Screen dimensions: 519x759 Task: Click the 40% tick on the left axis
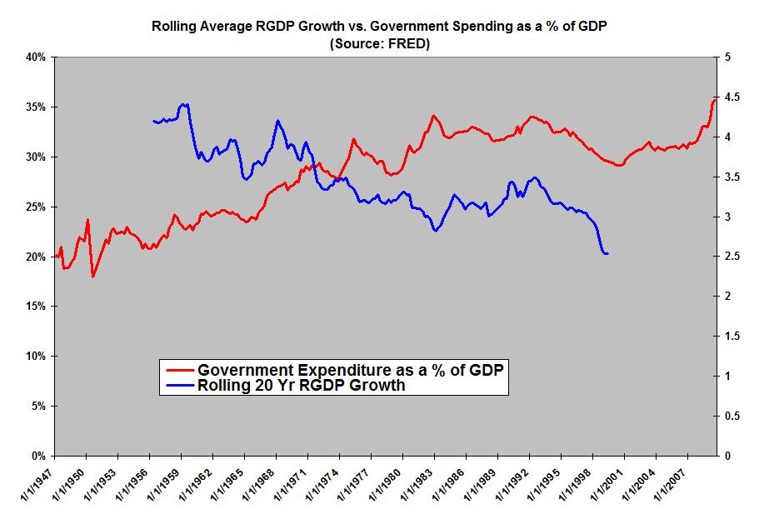pos(36,57)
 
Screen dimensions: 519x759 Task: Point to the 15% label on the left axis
pos(36,307)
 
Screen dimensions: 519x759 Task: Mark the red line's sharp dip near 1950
pos(92,276)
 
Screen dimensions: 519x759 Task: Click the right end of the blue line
pos(608,253)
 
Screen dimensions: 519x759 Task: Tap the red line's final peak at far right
pos(715,99)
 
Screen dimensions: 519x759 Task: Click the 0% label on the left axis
pos(39,456)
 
